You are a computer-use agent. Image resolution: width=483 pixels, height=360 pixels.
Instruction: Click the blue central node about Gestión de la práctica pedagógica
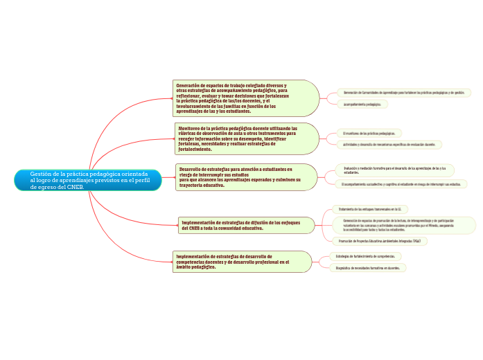[x=87, y=180]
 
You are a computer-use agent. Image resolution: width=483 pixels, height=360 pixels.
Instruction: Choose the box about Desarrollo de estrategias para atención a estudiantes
[x=240, y=177]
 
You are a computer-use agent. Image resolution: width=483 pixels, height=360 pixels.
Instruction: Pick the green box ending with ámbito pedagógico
[x=236, y=261]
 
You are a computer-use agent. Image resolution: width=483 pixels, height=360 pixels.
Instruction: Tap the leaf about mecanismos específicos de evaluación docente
[x=389, y=145]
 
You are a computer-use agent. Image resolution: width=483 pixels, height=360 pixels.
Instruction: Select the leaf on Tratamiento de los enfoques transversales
[x=368, y=208]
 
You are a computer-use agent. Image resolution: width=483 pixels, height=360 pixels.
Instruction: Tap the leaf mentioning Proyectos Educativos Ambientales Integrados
[x=378, y=241]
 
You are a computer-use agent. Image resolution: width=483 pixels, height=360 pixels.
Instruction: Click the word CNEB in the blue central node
[x=80, y=187]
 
